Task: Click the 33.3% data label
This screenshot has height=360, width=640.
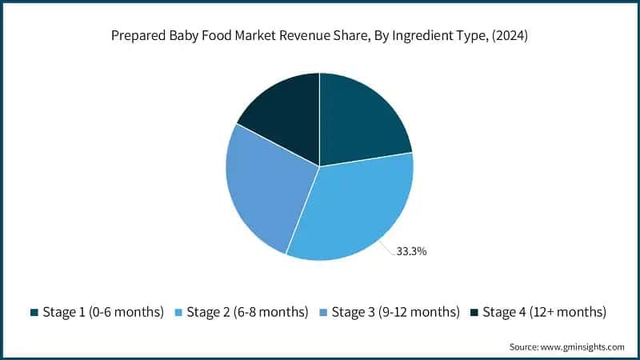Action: pyautogui.click(x=411, y=251)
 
